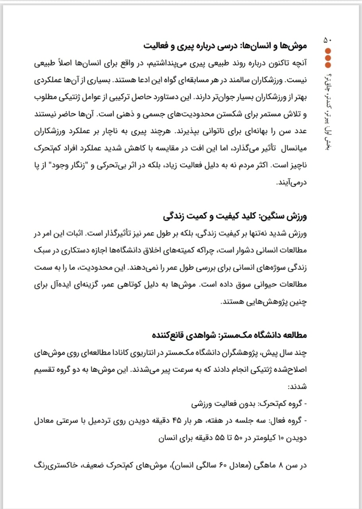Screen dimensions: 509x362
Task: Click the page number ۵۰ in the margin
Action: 330,40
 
